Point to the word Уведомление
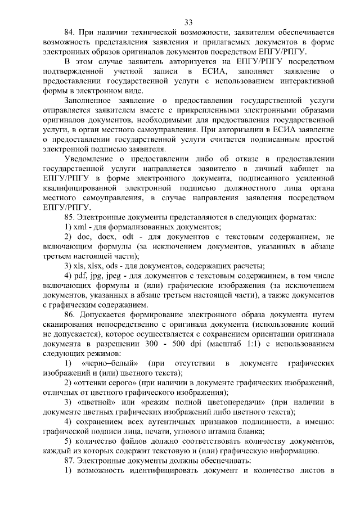point(89,159)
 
